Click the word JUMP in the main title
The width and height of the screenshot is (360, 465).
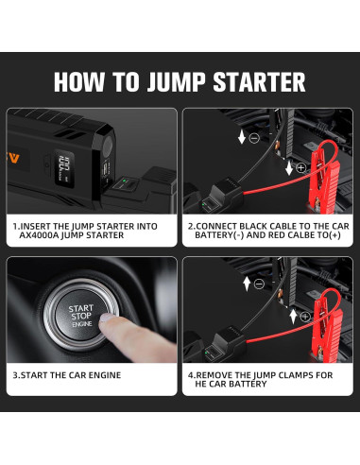pyautogui.click(x=178, y=82)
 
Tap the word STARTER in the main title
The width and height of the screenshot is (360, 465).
pyautogui.click(x=259, y=82)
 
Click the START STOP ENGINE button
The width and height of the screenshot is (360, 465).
pyautogui.click(x=81, y=315)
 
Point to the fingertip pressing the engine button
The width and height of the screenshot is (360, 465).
pyautogui.click(x=106, y=318)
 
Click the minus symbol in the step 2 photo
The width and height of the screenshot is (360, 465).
pyautogui.click(x=254, y=138)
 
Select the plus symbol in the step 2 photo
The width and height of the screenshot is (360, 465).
pyautogui.click(x=301, y=168)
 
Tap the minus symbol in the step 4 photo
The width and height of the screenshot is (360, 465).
pyautogui.click(x=259, y=284)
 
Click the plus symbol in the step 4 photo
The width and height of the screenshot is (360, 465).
pyautogui.click(x=305, y=317)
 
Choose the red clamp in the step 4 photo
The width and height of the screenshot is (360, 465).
pyautogui.click(x=329, y=328)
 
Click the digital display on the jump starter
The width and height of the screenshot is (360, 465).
pyautogui.click(x=64, y=167)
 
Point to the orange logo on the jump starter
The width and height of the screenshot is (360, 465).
pyautogui.click(x=12, y=158)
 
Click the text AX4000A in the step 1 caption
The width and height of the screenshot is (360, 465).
pyautogui.click(x=39, y=235)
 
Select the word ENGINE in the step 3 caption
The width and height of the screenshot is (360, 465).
pyautogui.click(x=105, y=375)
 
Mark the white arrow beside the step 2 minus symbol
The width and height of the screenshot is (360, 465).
pyautogui.click(x=242, y=137)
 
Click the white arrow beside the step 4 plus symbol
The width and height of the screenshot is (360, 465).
pyautogui.click(x=293, y=317)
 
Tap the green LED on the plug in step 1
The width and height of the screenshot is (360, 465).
pyautogui.click(x=124, y=181)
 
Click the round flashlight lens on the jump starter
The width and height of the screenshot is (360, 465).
pyautogui.click(x=108, y=146)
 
